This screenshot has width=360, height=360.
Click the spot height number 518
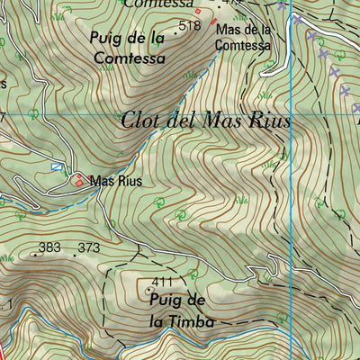[x=191, y=26]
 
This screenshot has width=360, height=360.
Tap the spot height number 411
[x=161, y=282]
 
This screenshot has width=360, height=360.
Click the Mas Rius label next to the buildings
[x=116, y=181]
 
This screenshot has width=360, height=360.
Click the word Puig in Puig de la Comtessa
[x=106, y=38]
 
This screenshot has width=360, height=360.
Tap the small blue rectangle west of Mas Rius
[x=58, y=166]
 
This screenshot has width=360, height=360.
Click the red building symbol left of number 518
[x=199, y=10]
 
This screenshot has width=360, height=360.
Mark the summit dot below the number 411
[x=149, y=291]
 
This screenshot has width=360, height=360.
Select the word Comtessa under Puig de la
[x=130, y=57]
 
